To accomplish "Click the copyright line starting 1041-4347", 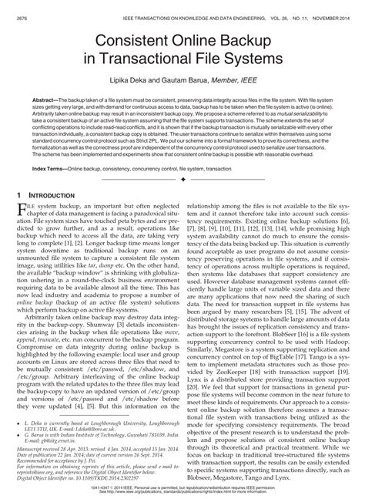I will (x=182, y=489).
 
